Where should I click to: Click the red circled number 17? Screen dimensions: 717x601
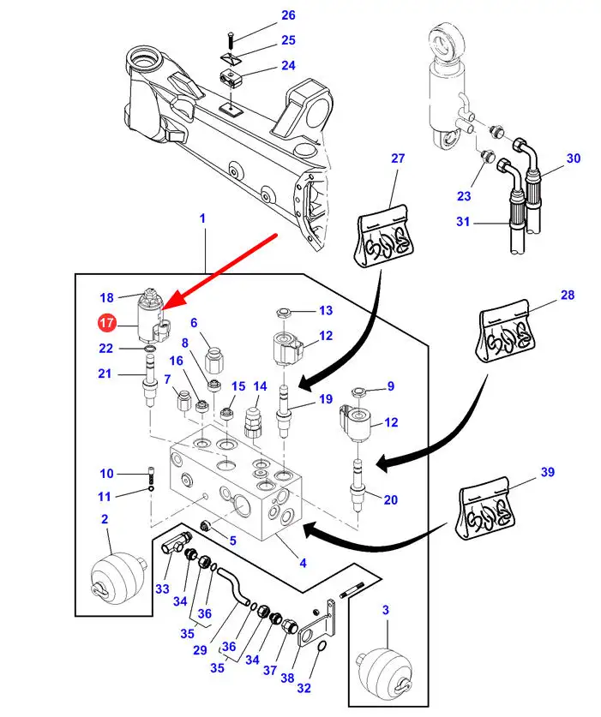[x=106, y=323]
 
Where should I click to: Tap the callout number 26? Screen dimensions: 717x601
[x=288, y=15]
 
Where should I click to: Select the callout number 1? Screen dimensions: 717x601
[x=203, y=219]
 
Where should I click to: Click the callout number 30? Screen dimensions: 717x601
[x=574, y=158]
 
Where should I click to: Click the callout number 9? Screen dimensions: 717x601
[x=390, y=386]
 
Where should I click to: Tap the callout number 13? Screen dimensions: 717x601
[x=325, y=310]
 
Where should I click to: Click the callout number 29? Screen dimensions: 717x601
[x=200, y=650]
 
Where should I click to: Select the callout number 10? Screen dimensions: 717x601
[x=106, y=473]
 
